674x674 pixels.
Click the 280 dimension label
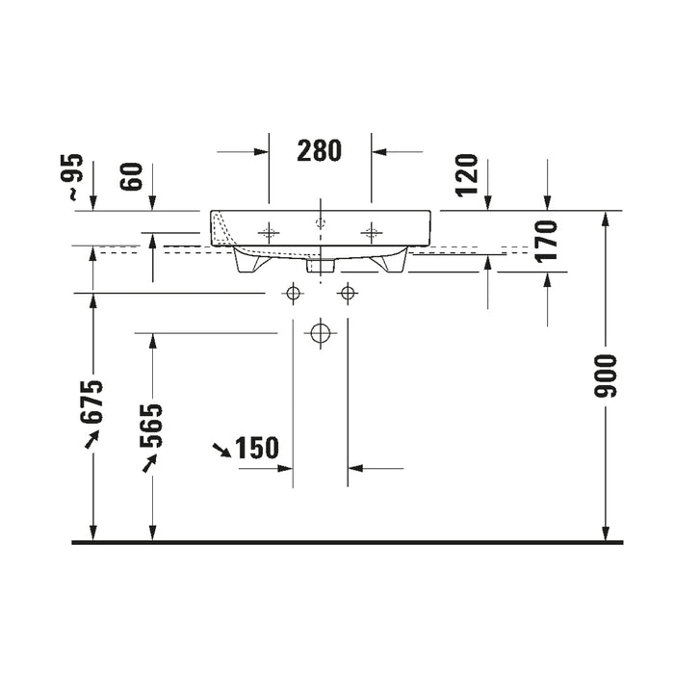[x=319, y=150]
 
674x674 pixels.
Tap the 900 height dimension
[x=606, y=376]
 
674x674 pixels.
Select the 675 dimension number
[x=92, y=402]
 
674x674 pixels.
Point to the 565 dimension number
[x=151, y=426]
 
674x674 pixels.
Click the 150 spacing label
[x=257, y=448]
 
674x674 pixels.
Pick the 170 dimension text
[x=546, y=241]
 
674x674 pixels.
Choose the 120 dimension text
[x=467, y=175]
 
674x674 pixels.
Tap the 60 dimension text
[x=131, y=176]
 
